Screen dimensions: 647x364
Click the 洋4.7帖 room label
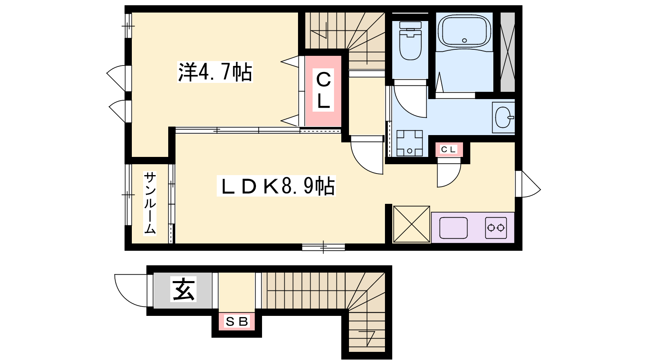215,72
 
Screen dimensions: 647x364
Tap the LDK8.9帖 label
277,186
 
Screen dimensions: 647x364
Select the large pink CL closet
323,91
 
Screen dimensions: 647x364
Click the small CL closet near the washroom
449,150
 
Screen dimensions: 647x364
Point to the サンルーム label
150,203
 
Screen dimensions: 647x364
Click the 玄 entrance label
184,289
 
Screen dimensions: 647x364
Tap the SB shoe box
237,322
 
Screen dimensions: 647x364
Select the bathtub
464,31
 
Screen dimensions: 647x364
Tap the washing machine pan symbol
410,143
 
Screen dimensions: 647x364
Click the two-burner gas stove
496,228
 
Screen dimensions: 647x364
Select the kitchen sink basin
453,228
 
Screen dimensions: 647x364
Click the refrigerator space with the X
412,224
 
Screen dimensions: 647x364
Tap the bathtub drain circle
465,40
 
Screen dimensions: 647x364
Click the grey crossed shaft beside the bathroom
507,52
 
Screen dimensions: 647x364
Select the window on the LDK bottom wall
323,247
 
